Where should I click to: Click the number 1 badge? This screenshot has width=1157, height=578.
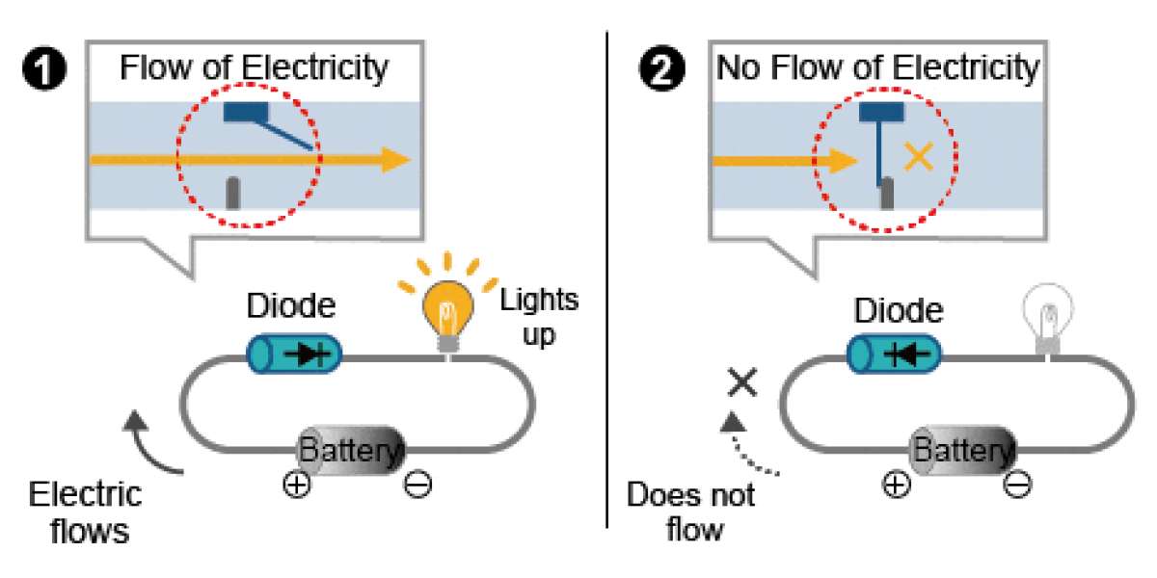point(44,68)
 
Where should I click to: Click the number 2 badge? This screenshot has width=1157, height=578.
point(661,68)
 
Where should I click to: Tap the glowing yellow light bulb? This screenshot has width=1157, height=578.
point(447,316)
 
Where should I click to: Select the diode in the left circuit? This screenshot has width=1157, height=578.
point(294,355)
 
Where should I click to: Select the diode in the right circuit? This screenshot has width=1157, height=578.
point(894,355)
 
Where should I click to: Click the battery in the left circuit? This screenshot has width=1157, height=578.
point(351,450)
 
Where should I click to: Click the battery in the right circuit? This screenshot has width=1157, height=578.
point(962,450)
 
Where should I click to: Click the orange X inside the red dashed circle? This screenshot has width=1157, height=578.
point(918,157)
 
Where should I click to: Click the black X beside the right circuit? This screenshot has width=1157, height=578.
point(742,381)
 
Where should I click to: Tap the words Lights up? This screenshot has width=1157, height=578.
point(539,317)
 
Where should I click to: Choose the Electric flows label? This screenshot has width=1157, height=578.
point(86,512)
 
